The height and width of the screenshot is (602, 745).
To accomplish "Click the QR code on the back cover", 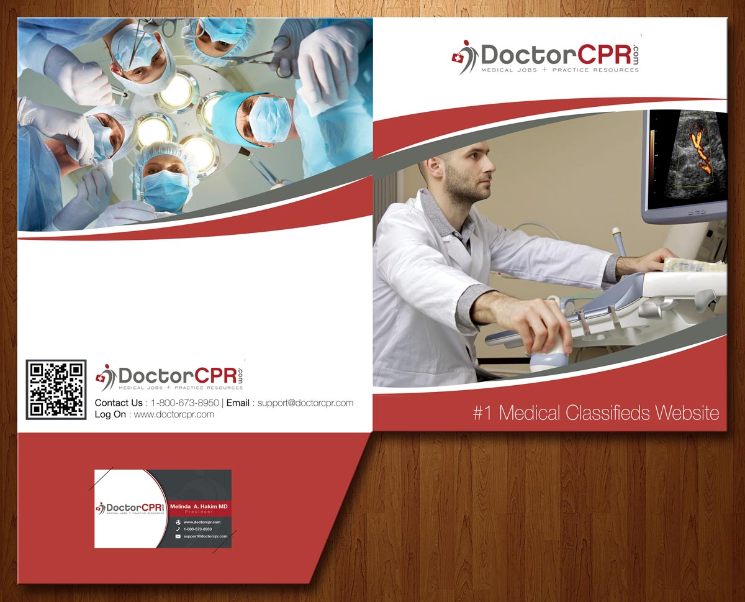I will point(56,389).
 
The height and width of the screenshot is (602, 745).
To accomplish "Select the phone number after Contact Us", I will point(184,403).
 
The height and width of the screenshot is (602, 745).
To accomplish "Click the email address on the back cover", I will point(305,403).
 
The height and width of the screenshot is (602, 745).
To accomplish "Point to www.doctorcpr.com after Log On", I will point(174,414).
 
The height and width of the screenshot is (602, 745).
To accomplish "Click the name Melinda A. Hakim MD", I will point(199,507).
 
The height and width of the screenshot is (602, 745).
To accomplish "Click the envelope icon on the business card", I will point(178,536).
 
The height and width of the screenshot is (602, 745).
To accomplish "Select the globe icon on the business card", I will point(178,522).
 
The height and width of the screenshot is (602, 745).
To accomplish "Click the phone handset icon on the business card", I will point(178,529).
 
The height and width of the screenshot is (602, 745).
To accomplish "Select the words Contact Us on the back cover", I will point(118,403).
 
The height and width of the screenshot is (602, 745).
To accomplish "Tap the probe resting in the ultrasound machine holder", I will point(619,240).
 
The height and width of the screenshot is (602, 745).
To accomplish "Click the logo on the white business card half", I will point(131,508).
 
